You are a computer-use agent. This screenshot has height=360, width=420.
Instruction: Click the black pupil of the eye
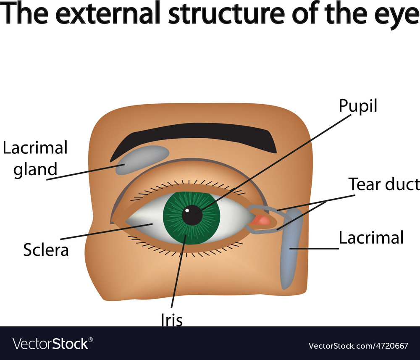[x=192, y=215]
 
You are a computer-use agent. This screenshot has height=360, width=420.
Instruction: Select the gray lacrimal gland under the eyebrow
[x=140, y=158]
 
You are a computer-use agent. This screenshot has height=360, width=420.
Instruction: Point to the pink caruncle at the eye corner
[x=262, y=220]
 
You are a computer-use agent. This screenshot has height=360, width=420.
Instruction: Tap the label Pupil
[x=358, y=106]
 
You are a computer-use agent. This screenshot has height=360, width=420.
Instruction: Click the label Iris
[x=171, y=320]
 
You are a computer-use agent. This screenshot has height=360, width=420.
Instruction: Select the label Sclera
[x=46, y=250]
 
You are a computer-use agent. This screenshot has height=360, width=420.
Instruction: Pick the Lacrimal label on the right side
[x=371, y=237]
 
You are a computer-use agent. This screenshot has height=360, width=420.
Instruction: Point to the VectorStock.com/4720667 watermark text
[x=358, y=345]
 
